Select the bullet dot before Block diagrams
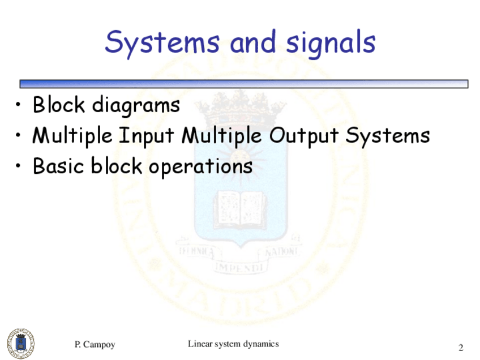click(20, 105)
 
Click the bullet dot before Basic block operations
click(20, 167)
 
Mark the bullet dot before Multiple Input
click(20, 136)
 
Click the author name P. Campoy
click(95, 345)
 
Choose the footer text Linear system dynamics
click(233, 344)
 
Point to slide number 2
click(461, 347)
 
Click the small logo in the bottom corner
click(20, 342)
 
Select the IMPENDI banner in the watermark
click(240, 265)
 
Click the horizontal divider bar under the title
click(243, 84)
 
